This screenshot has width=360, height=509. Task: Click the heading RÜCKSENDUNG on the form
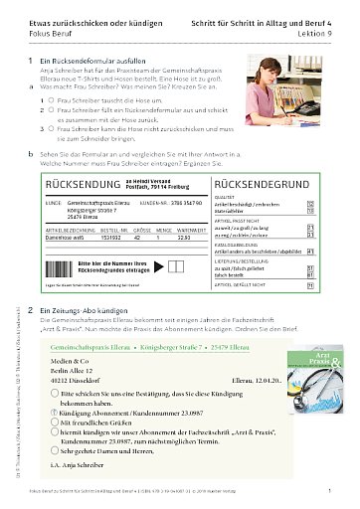pyautogui.click(x=75, y=184)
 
